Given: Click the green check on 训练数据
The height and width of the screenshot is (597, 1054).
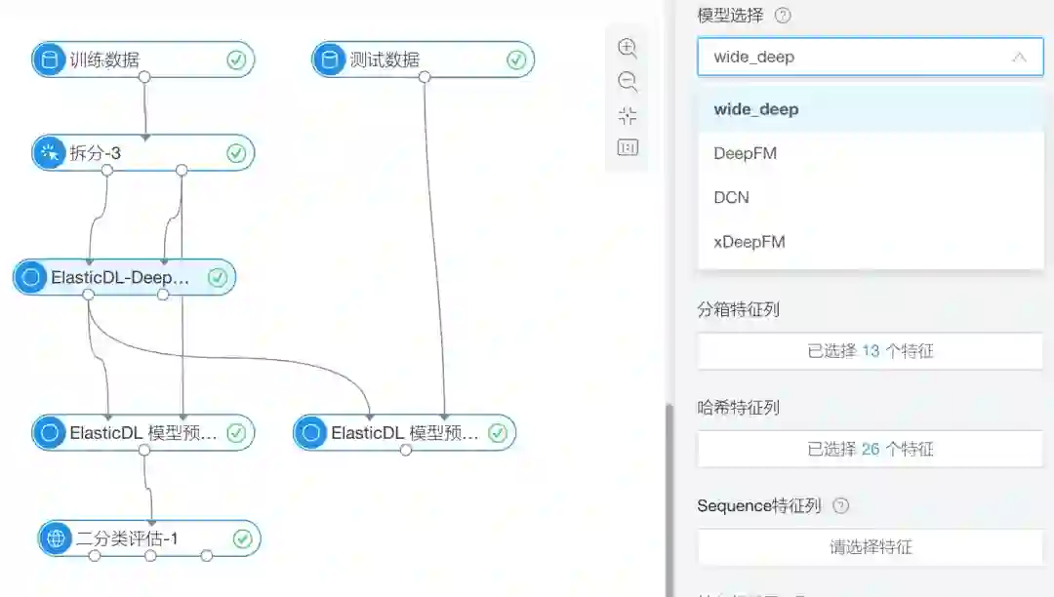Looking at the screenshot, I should [x=236, y=60].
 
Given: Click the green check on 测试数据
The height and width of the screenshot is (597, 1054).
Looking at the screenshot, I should [x=516, y=60].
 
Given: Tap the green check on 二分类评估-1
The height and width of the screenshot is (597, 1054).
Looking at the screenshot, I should [x=242, y=538].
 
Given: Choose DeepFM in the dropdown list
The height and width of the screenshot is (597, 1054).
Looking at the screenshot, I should [x=745, y=153].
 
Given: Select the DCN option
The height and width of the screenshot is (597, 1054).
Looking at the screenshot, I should [x=731, y=197].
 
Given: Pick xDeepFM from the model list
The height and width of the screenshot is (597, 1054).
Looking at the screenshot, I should [x=749, y=241].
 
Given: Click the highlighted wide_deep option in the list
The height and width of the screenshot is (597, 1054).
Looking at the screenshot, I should [x=755, y=109].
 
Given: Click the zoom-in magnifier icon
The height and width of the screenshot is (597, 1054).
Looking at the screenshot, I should [x=628, y=48].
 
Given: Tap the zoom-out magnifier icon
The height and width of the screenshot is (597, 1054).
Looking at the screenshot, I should [x=628, y=82].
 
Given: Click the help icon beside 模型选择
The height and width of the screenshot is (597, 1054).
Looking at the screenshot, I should [x=783, y=16].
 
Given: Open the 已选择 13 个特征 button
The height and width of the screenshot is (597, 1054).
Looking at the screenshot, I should [x=870, y=351].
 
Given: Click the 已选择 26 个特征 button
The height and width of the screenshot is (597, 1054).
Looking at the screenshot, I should [x=870, y=449].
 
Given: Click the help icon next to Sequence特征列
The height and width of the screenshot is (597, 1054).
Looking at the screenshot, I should [x=841, y=505].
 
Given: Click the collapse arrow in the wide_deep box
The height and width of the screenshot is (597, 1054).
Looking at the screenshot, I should [x=1019, y=58].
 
